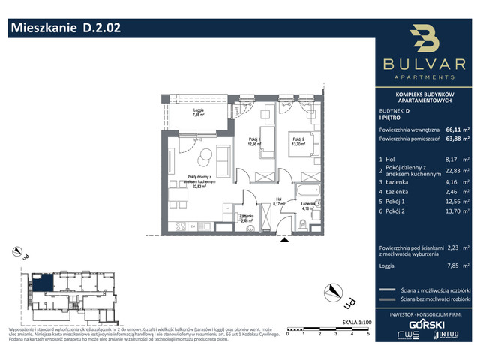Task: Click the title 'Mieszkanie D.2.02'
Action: [63, 28]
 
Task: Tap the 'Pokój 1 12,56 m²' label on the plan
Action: [255, 142]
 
